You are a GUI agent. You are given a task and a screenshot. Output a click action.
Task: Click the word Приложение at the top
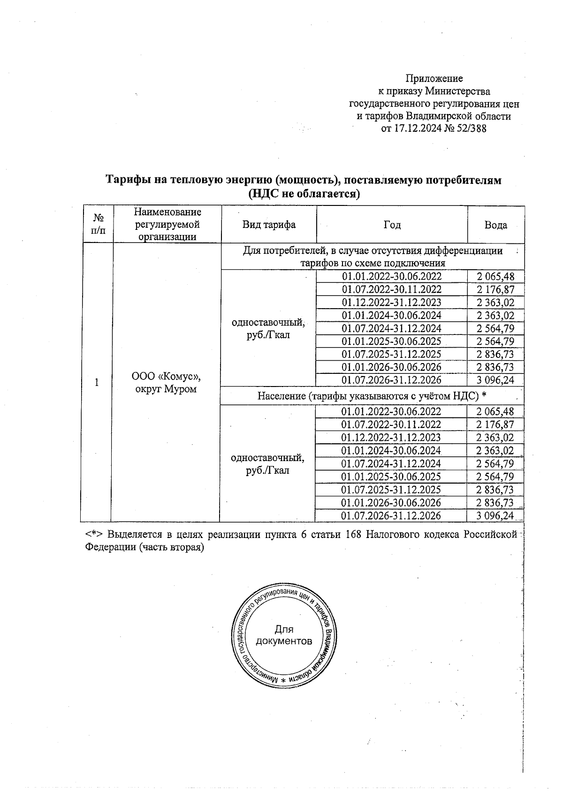point(434,78)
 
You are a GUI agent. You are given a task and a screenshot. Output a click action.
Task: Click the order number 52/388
point(471,128)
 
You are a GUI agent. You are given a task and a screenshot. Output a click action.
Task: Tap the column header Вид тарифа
point(269,225)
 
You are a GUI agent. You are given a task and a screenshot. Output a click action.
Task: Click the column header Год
point(392,225)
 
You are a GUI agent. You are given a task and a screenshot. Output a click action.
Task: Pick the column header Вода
point(495,225)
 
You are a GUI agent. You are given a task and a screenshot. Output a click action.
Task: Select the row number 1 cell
point(97,382)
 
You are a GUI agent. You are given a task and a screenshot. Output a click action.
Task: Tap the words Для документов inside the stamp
point(283,635)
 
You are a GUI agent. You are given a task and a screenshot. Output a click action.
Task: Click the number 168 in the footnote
point(353,534)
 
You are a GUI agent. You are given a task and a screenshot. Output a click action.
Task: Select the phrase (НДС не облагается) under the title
point(304,193)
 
